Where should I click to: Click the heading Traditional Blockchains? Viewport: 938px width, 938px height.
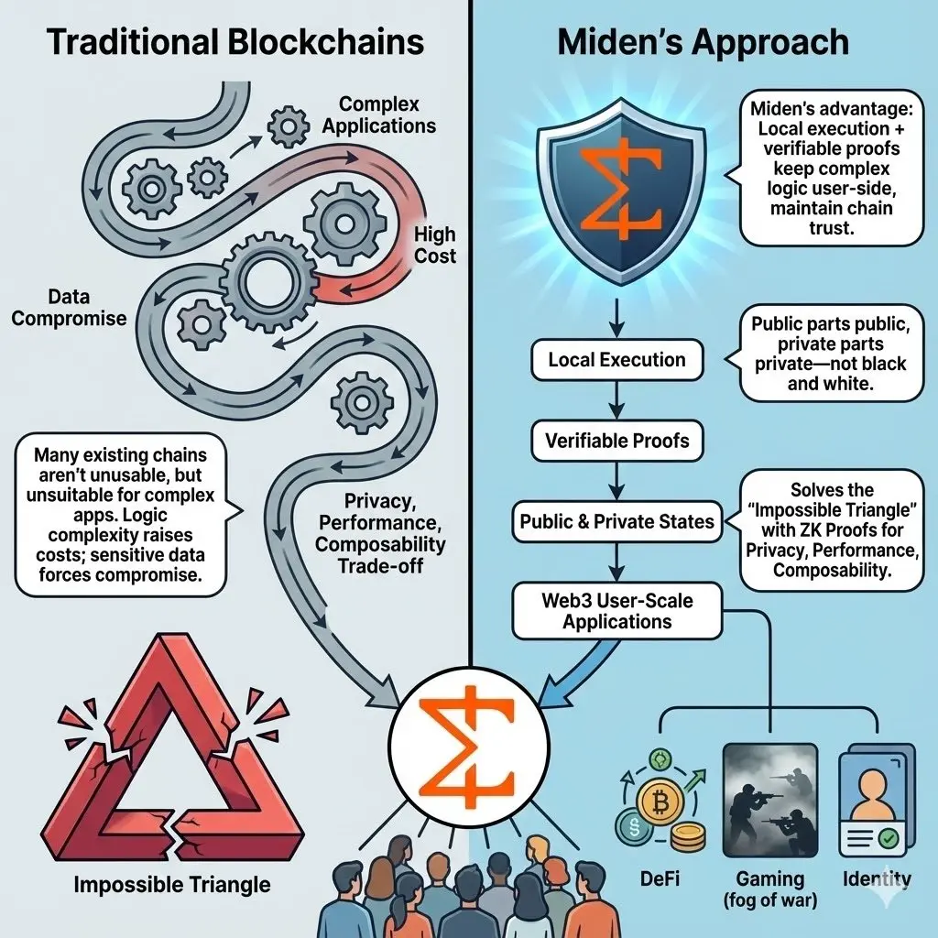235,43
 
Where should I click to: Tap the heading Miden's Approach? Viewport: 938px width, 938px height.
703,43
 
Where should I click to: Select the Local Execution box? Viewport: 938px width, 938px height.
616,360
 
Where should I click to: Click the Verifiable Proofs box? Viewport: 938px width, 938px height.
616,441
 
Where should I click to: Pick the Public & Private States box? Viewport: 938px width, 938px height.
616,521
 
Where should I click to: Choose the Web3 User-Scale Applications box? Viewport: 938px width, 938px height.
616,612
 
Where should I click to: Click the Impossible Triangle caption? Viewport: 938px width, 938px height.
172,885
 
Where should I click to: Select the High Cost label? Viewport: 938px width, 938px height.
434,245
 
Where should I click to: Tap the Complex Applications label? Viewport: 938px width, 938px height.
377,115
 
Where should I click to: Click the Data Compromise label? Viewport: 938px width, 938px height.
69,308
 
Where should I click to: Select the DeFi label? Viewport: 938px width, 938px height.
657,879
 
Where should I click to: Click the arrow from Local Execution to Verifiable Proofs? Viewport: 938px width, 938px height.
616,400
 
